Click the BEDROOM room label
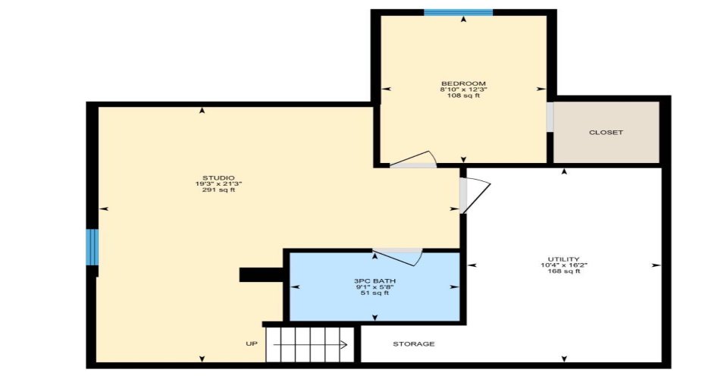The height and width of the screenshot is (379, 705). tap(463, 83)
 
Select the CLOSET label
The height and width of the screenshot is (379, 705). tap(606, 133)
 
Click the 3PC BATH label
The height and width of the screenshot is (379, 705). tap(374, 280)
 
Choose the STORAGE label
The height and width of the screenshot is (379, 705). tap(414, 344)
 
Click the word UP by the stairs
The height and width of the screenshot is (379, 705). tap(252, 344)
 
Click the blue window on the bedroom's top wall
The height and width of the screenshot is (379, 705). tap(458, 12)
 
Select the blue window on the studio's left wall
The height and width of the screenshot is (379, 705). tap(92, 247)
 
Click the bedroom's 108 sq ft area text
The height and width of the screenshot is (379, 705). tap(463, 96)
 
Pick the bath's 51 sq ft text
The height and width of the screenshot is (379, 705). tap(374, 293)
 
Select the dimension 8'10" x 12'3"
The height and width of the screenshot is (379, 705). tap(463, 89)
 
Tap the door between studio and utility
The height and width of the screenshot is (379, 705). tap(475, 195)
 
